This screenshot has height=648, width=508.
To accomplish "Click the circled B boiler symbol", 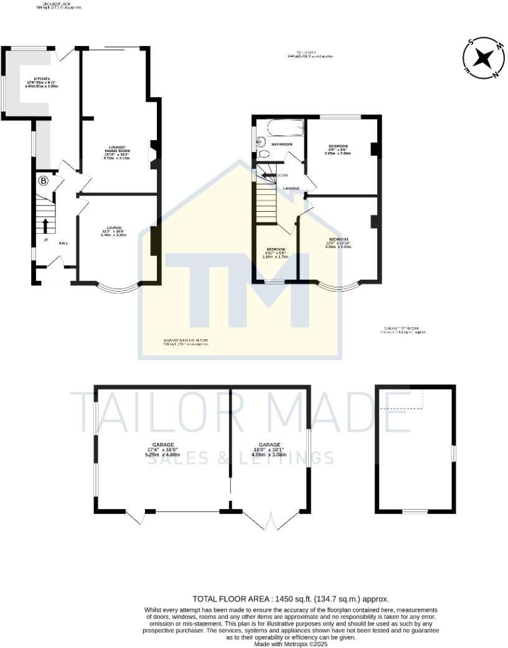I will tap(43, 181).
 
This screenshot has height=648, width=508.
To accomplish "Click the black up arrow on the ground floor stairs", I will tap(45, 225).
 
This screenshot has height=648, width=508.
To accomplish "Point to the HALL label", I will tap(63, 244).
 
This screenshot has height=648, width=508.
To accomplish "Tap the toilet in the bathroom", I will tap(263, 154).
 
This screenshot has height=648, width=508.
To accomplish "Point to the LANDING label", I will tap(291, 188).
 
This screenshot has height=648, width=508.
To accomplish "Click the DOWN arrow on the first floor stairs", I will tap(269, 176).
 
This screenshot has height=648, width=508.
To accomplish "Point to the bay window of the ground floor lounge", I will tap(117, 289).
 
